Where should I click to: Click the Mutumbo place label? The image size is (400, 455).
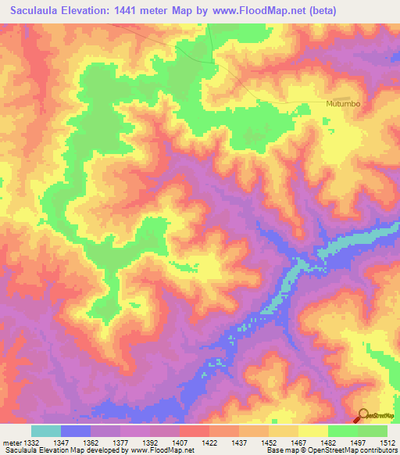click(342, 103)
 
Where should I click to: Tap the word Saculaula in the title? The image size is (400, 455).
click(39, 11)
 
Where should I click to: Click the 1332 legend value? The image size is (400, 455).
click(32, 442)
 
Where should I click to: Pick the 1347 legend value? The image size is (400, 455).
click(62, 442)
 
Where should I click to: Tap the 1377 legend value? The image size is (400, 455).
click(121, 442)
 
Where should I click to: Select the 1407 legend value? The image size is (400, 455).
click(180, 442)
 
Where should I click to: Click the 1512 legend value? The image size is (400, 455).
click(387, 442)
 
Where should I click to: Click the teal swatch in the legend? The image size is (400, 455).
click(46, 431)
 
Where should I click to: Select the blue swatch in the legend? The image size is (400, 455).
click(76, 431)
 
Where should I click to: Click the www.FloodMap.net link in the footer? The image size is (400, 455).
click(163, 450)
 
